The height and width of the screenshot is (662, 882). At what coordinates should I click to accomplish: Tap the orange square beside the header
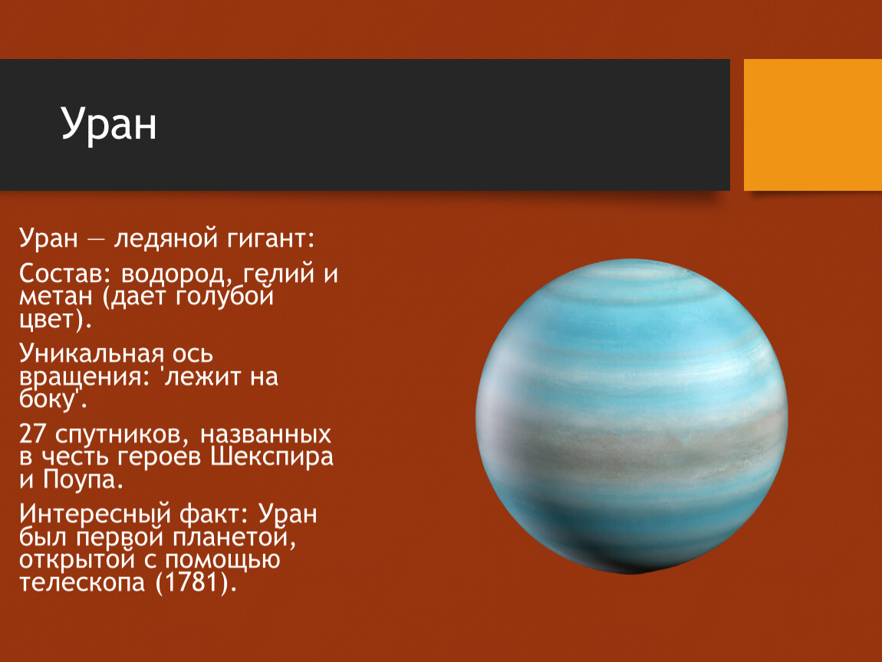(813, 125)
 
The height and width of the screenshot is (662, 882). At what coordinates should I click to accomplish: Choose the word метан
(56, 297)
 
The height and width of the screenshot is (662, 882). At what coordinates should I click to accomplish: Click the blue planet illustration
(632, 416)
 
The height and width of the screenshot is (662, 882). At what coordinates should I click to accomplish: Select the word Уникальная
(92, 353)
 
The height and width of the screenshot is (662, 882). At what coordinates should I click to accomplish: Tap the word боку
(48, 399)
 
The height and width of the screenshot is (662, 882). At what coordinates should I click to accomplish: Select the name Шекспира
(272, 457)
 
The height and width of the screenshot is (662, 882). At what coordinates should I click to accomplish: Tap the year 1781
(192, 582)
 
